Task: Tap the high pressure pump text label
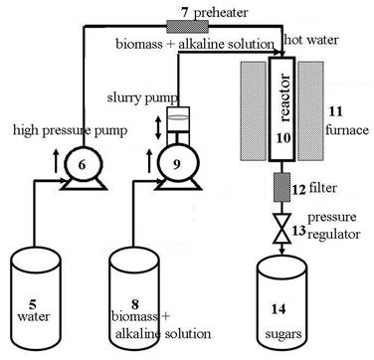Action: (59, 130)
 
